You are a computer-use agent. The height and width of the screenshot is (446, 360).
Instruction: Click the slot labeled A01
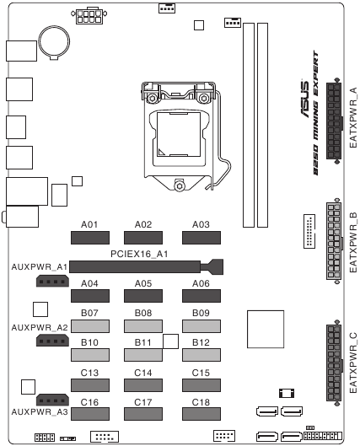pos(90,238)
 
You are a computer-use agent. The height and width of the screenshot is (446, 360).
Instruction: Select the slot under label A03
pos(201,238)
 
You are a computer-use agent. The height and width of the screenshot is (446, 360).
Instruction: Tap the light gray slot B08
pos(143,326)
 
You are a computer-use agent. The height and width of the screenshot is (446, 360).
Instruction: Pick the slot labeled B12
pos(201,355)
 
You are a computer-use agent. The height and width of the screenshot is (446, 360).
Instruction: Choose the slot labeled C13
pos(90,385)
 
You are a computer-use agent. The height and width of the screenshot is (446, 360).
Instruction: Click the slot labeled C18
pos(201,414)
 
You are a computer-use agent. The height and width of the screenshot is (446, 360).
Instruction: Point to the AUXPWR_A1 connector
pos(52,282)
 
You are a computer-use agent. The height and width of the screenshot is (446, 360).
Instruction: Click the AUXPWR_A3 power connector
pos(52,400)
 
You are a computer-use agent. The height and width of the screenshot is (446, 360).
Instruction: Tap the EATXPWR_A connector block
pos(334,121)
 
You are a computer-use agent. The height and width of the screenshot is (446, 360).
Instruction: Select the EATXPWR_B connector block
pos(334,241)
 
